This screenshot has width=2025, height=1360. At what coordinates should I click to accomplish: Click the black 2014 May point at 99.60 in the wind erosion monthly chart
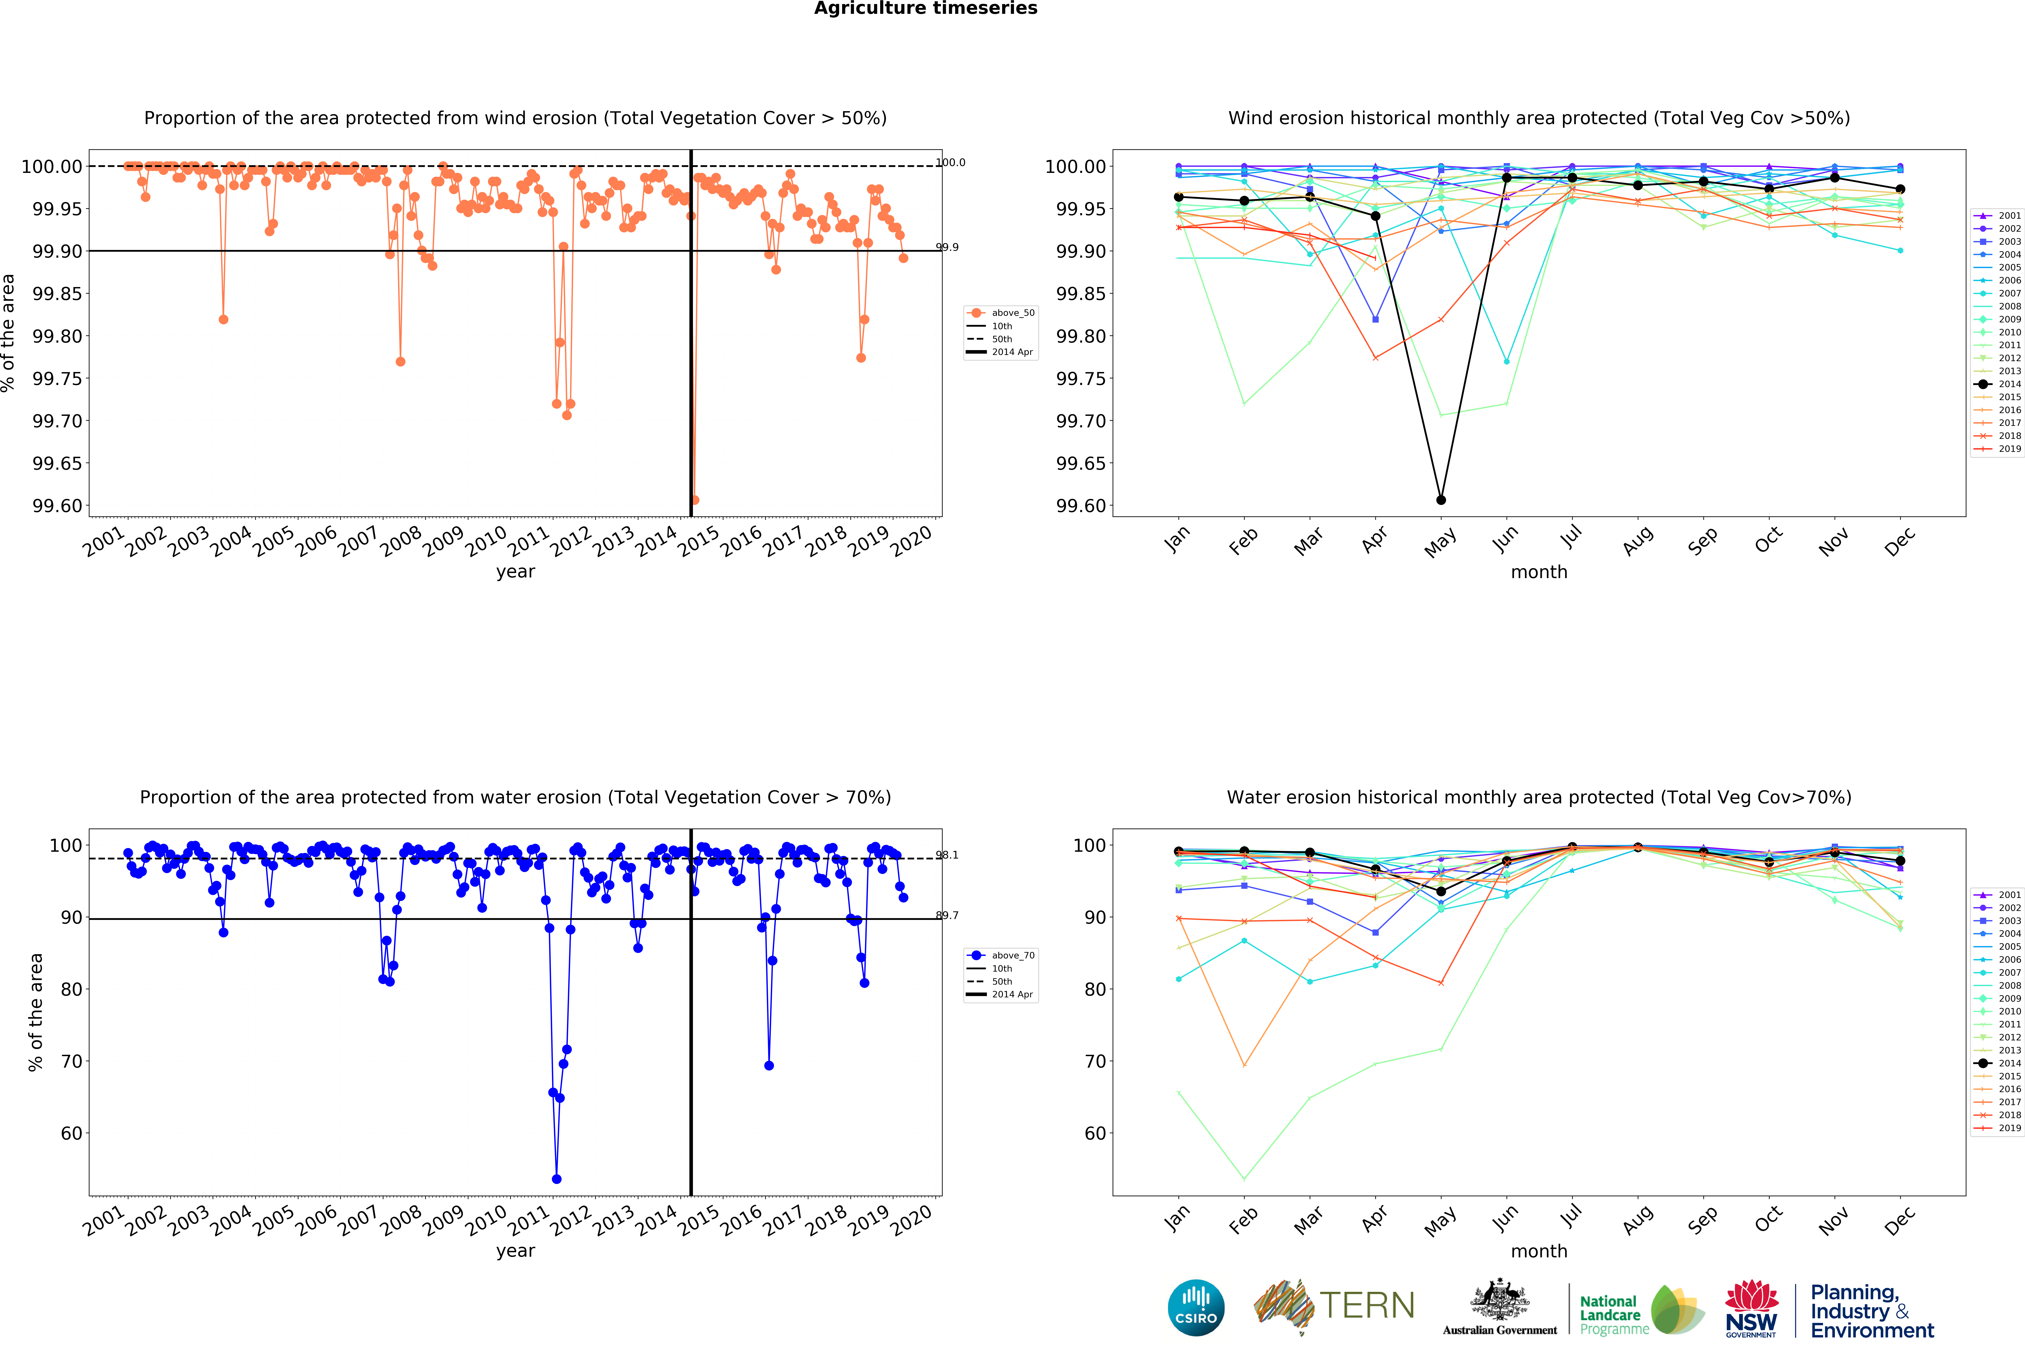coord(1441,500)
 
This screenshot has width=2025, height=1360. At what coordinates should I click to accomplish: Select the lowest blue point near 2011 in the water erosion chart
coord(556,1179)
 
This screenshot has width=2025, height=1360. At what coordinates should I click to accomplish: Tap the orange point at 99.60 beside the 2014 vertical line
coord(695,500)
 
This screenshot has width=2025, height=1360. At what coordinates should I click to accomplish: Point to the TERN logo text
coord(1367,1305)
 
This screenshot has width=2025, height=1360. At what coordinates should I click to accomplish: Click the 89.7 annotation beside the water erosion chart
coord(946,915)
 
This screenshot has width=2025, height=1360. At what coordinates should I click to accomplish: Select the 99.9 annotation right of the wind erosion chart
coord(946,247)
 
